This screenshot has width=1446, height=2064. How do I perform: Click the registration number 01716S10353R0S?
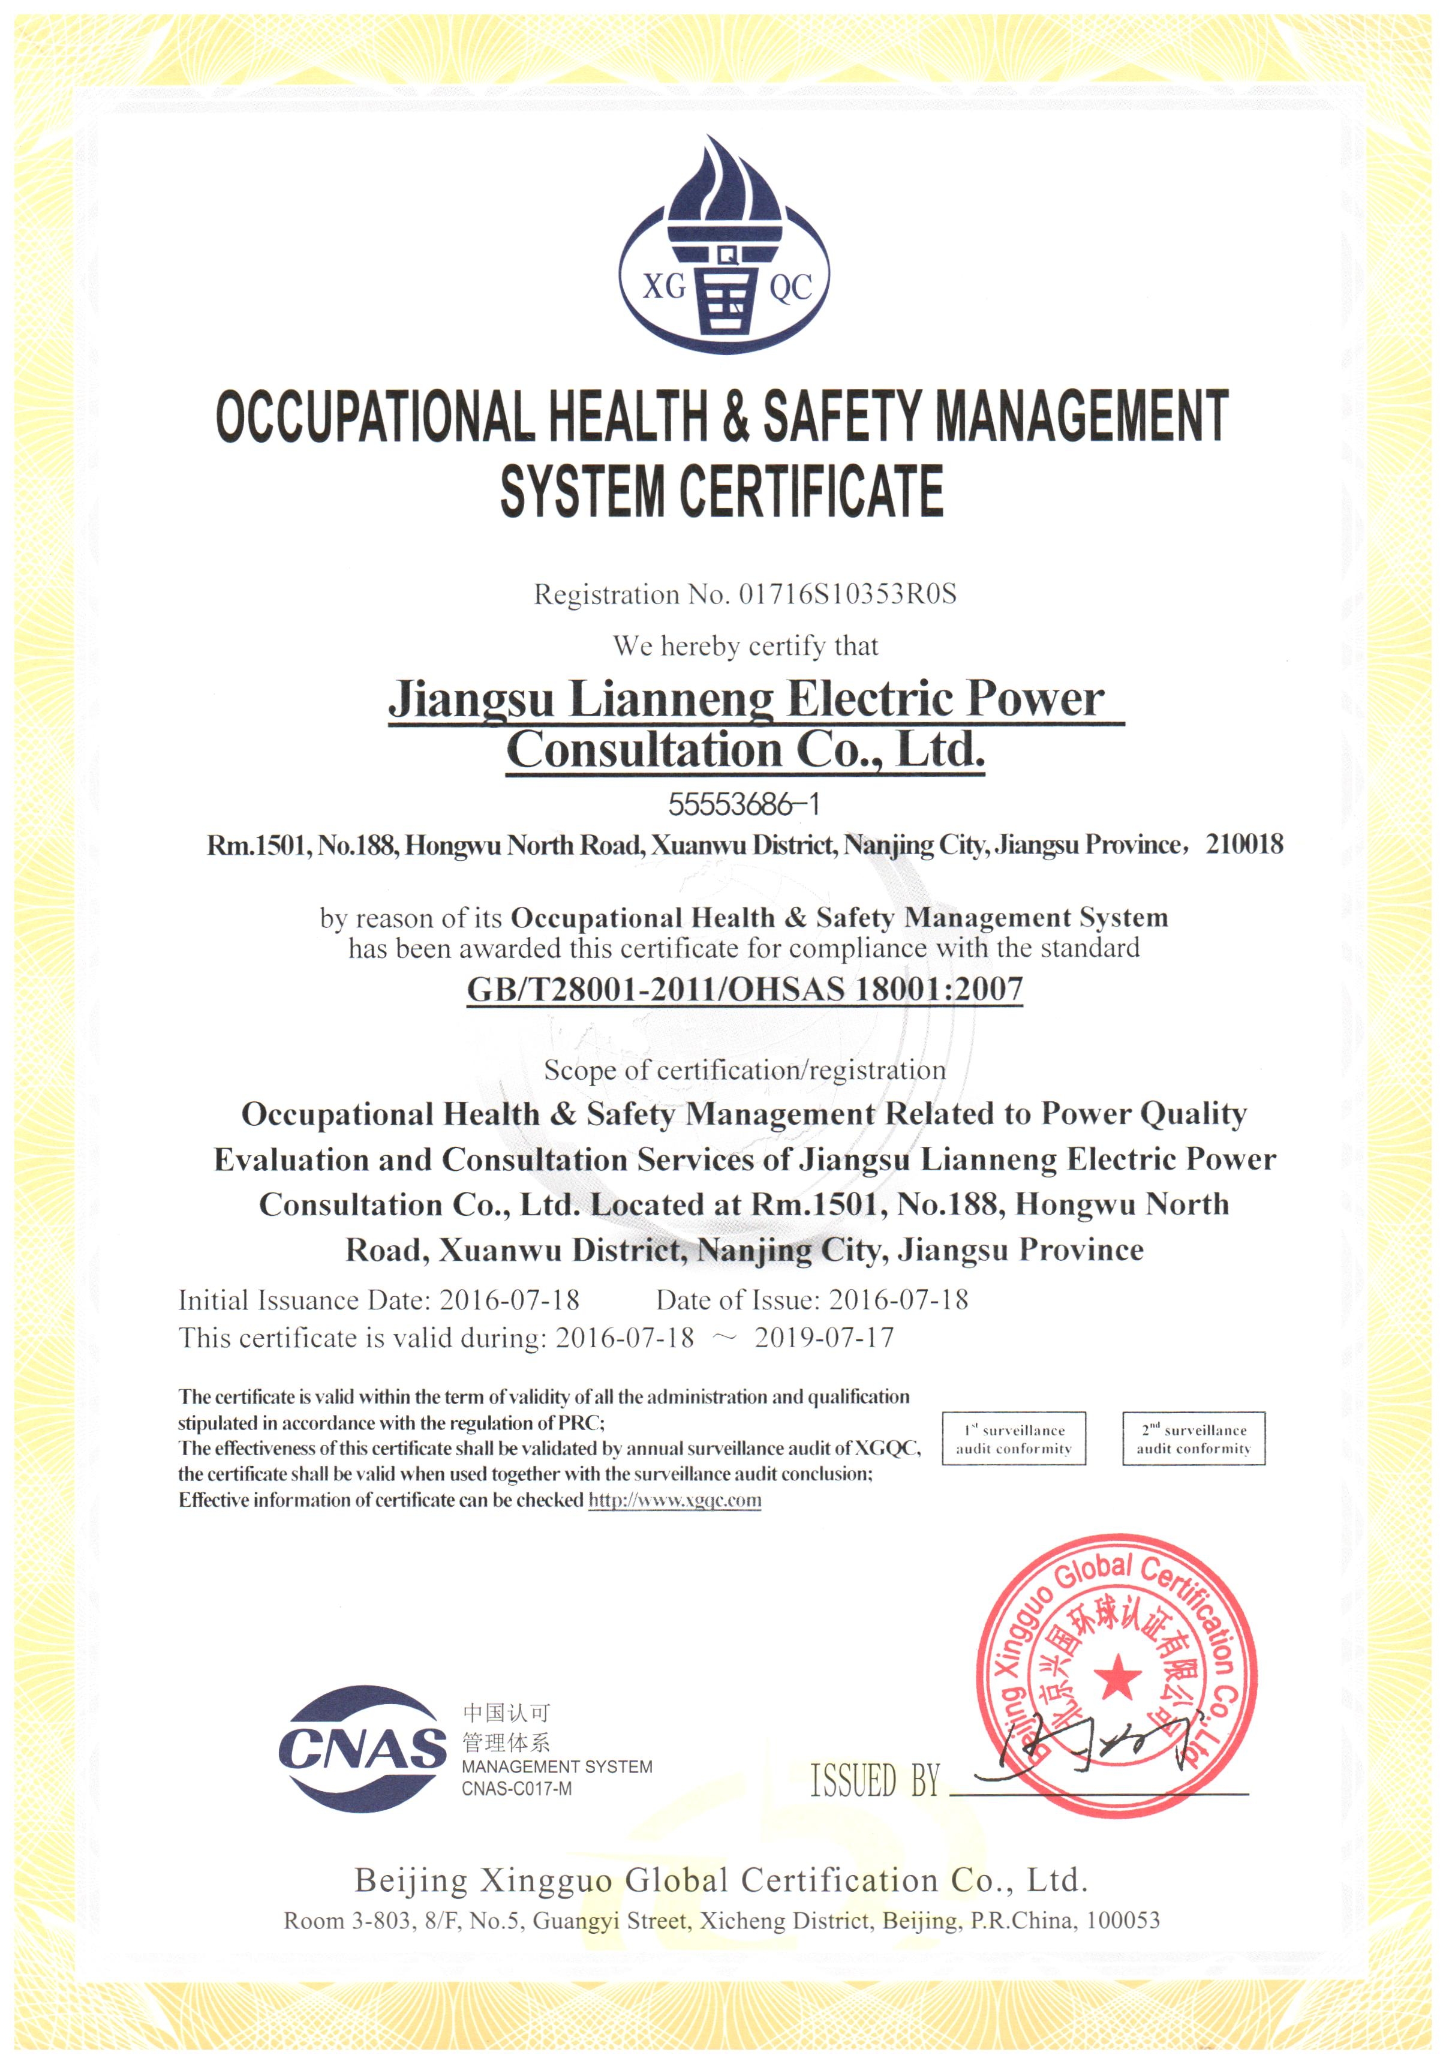[x=847, y=594]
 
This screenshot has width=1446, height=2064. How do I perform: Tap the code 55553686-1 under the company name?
[x=744, y=804]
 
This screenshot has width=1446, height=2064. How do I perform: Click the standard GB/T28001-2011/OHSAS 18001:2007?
[x=744, y=990]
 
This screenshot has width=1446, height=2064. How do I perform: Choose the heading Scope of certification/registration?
[x=744, y=1069]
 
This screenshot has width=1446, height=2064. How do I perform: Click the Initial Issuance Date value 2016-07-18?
[x=509, y=1300]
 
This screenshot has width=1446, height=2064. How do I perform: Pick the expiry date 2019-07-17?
[x=824, y=1338]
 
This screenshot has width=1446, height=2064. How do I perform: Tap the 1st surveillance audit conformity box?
[x=1013, y=1439]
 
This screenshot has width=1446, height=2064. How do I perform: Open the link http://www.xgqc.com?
[x=674, y=1500]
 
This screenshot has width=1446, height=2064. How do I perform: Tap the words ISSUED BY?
[x=874, y=1781]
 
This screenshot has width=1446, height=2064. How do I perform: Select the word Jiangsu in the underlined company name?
[x=470, y=698]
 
